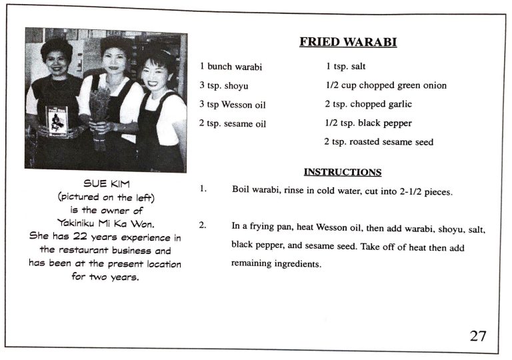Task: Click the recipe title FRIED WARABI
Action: [x=348, y=43]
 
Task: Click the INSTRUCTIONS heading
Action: [x=343, y=172]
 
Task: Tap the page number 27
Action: [x=477, y=335]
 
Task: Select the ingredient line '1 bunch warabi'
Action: [x=231, y=67]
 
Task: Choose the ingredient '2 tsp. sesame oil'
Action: [x=233, y=123]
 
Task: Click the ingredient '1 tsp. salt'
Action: [x=345, y=67]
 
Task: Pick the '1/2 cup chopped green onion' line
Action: [x=386, y=85]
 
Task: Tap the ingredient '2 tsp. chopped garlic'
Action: [x=368, y=104]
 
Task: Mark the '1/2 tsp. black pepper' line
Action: [x=369, y=123]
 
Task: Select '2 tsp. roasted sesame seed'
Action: [x=378, y=142]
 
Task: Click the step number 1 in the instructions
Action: [x=203, y=189]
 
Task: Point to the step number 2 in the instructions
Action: [x=203, y=225]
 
